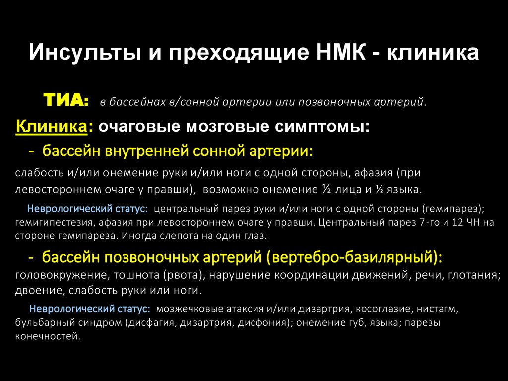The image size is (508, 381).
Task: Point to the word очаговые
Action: pos(137,127)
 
